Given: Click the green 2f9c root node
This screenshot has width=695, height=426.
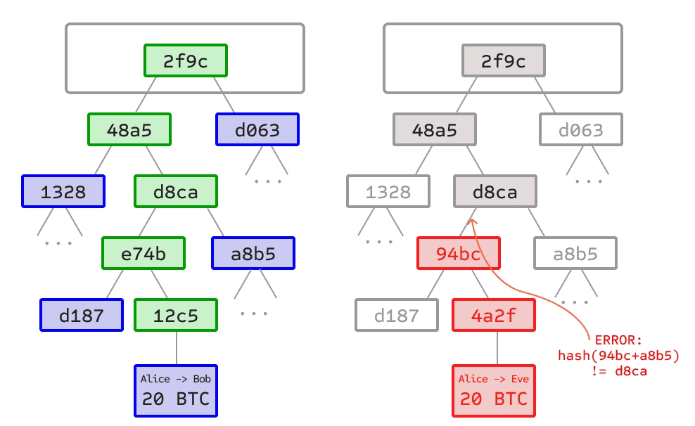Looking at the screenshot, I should click(186, 61).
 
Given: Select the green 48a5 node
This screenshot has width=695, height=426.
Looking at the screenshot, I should click(129, 130).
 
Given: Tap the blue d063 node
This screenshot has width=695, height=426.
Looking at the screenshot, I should click(257, 130).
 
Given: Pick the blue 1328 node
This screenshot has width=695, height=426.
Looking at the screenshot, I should click(63, 192).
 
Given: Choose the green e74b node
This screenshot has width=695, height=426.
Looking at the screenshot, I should click(144, 254).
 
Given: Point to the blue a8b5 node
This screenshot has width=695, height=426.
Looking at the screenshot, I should click(253, 254).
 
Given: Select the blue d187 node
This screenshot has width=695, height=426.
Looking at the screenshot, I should click(81, 316).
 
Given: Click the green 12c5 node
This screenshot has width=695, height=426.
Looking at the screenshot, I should click(176, 316).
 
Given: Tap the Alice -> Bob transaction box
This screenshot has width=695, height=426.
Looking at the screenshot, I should click(176, 392).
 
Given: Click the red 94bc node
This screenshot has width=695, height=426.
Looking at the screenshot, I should click(459, 254).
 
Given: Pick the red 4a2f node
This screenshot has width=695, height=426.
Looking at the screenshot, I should click(494, 316).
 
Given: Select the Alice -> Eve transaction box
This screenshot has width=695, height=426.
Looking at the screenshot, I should click(493, 392).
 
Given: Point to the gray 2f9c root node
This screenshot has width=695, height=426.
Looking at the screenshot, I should click(503, 61).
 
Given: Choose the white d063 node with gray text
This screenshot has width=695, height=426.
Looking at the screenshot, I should click(582, 130).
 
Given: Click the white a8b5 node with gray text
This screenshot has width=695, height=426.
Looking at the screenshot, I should click(575, 254).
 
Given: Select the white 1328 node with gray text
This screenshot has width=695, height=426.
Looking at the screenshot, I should click(388, 192).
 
